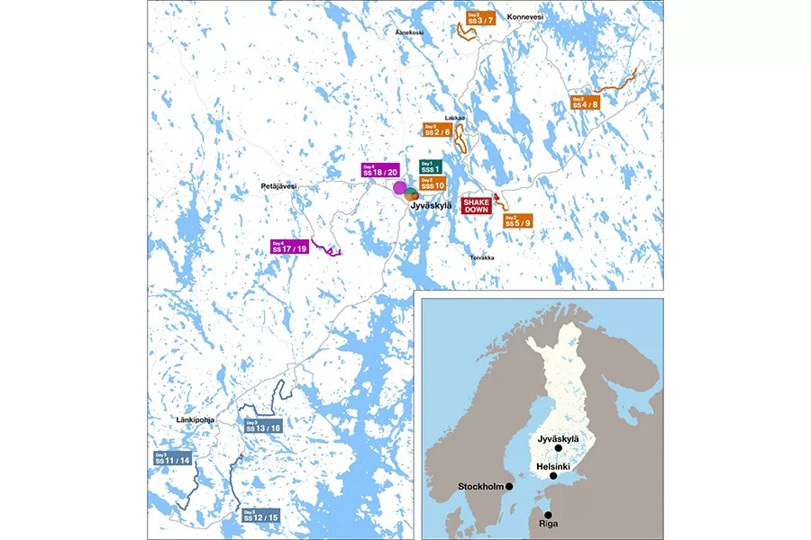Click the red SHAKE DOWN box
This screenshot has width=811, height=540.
point(476,204)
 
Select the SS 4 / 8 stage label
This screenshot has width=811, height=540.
point(586,102)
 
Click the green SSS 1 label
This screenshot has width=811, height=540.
point(431,166)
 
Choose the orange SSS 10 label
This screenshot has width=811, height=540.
point(433,184)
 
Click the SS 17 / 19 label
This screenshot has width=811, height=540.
point(289,246)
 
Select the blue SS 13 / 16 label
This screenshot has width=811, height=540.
point(263,426)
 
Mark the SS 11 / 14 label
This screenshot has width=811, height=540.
point(171,458)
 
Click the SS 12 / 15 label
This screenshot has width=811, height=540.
point(261,516)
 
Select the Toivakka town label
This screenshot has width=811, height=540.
point(483,257)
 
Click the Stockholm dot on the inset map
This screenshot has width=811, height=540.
point(510,486)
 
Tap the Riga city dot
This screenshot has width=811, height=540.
point(549,514)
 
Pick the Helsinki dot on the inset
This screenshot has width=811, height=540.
point(553,475)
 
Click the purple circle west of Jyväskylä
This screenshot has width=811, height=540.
point(399,187)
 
